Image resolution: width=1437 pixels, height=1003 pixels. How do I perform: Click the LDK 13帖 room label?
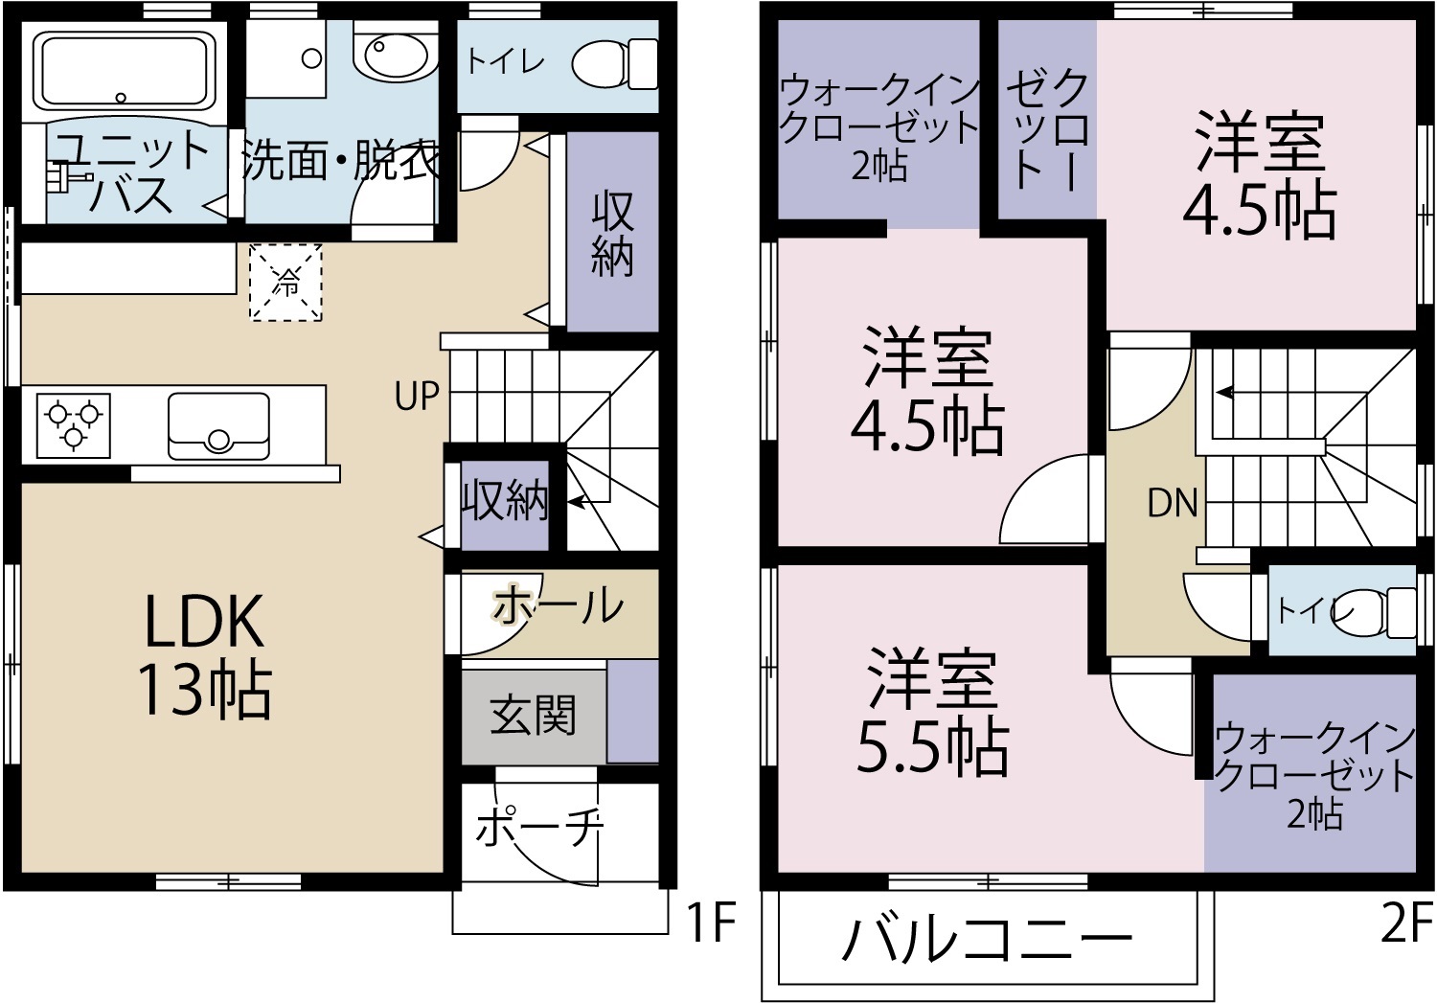pos(204,655)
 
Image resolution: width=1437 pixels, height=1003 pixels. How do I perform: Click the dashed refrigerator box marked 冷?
pos(285,282)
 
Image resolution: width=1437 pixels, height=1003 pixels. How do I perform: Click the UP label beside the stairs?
pos(417,396)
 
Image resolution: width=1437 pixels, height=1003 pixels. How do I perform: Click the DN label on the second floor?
pos(1173,503)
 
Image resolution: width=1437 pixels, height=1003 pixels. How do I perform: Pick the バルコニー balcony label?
pos(987,940)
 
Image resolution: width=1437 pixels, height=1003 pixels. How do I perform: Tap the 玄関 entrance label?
pos(533,716)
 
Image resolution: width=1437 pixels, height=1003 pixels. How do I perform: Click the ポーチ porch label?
pos(539,828)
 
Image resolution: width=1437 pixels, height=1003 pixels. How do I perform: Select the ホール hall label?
pos(559,606)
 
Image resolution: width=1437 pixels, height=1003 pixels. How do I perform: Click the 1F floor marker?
pos(710,923)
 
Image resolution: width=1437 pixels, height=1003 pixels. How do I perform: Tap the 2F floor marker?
pos(1406,923)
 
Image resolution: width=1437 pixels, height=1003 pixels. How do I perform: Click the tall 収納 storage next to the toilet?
pos(612,233)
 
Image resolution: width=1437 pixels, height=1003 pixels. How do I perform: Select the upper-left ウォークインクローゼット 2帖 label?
pos(879,126)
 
